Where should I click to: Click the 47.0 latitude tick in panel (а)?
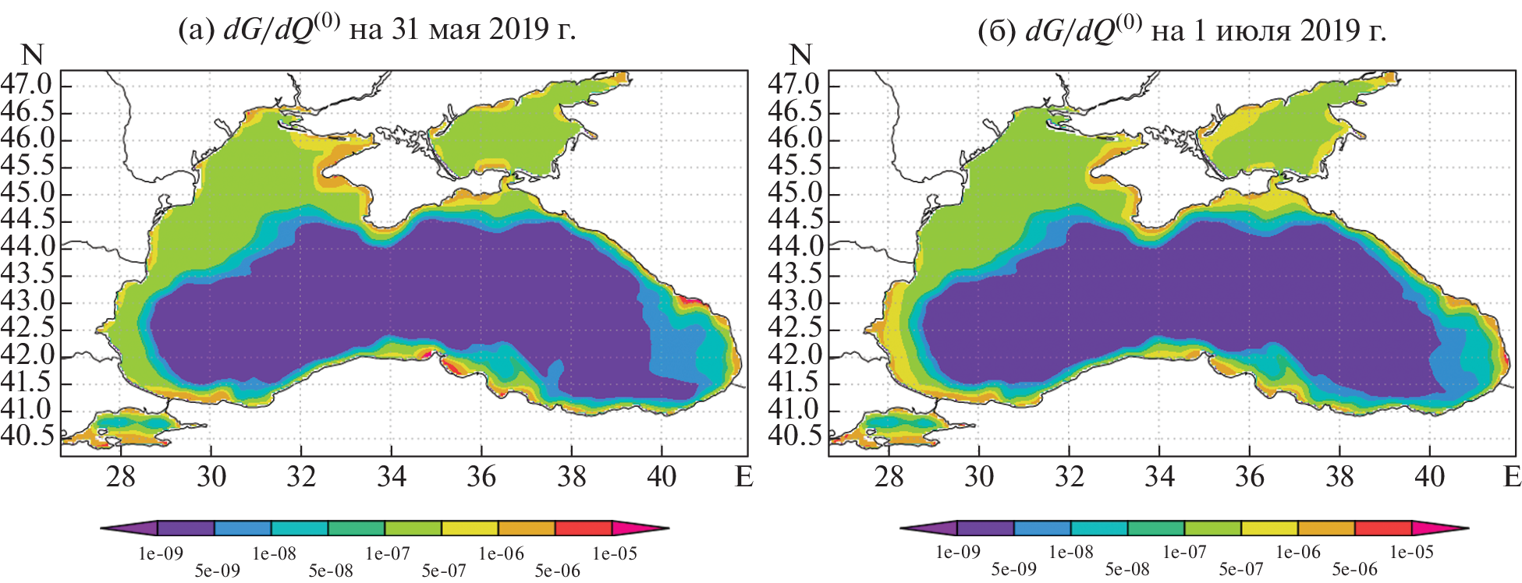27,84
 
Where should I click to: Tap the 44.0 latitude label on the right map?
795,246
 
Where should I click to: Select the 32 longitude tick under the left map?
301,476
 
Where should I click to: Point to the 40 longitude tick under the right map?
1429,476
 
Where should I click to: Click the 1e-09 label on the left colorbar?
161,554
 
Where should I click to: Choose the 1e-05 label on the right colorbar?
1411,553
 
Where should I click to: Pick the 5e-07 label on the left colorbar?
444,571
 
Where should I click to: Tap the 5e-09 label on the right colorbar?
1013,569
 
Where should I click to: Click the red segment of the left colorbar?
584,528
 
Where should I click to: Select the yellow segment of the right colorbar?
1269,528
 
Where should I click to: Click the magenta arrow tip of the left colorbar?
640,528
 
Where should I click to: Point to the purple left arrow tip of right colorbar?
928,528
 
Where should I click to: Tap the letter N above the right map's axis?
800,55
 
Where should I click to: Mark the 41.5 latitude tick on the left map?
27,382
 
